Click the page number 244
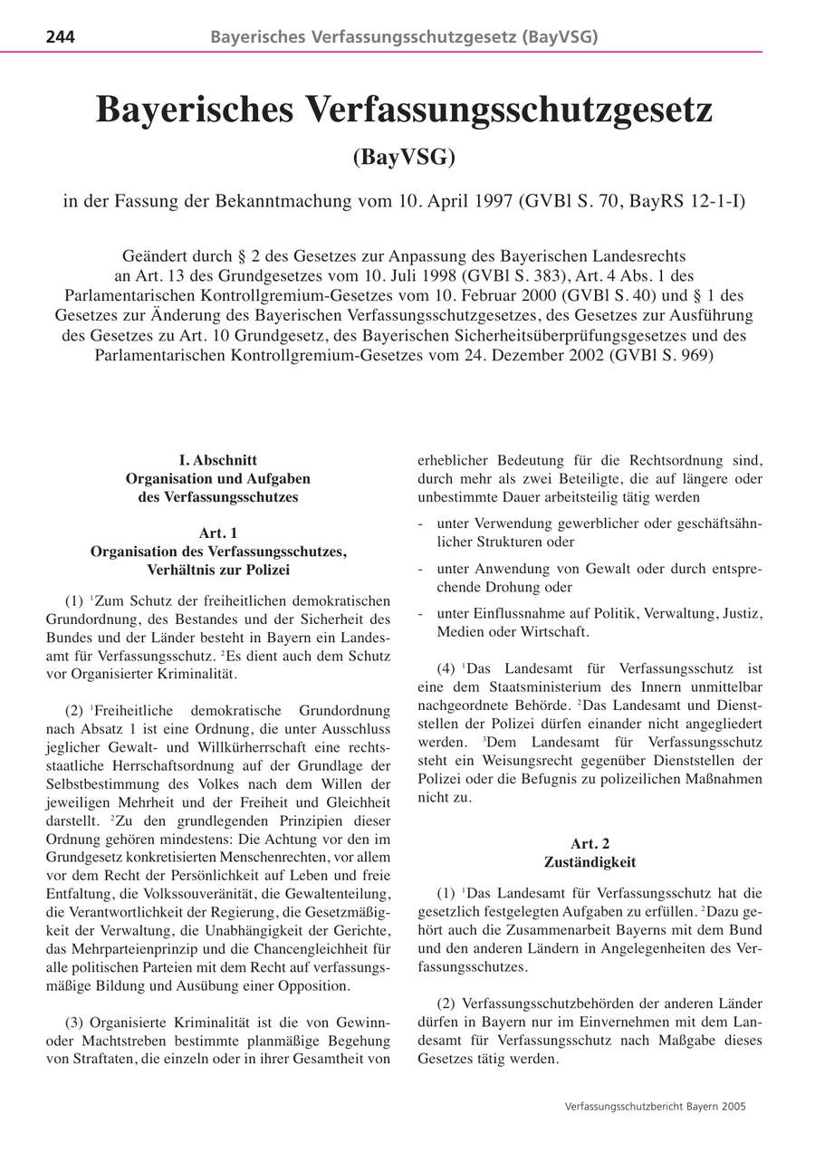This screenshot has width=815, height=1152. pos(60,37)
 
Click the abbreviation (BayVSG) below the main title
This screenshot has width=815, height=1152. pos(404,157)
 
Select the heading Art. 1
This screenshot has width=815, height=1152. pos(218,533)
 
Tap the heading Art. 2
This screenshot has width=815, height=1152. pos(590,843)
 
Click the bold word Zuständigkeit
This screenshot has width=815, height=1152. pos(590,861)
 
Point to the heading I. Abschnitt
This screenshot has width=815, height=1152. pos(218,459)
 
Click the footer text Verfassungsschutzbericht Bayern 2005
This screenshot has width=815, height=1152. pos(655,1106)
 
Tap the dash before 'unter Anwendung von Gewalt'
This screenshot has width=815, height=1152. pos(421,569)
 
